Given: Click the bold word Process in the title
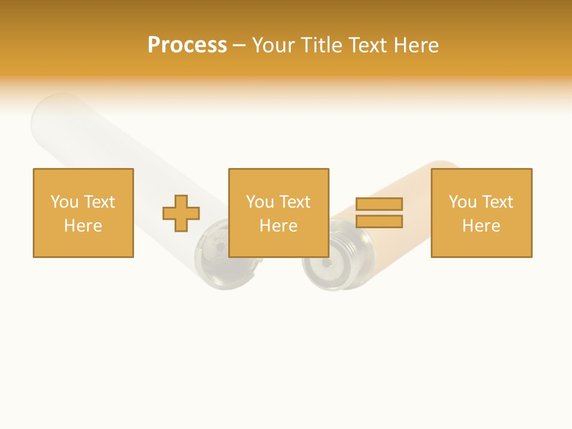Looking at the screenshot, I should click(x=187, y=45).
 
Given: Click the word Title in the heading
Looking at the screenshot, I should click(x=321, y=45).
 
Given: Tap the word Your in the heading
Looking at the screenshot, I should click(x=273, y=45).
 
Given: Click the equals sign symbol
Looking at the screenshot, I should click(x=379, y=213).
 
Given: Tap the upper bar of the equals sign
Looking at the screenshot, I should click(x=379, y=204).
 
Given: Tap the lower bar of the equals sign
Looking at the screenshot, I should click(x=379, y=222).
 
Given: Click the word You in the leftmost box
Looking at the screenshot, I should click(x=64, y=202).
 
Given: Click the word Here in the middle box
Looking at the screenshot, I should click(x=279, y=226).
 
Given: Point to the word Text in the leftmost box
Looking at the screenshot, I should click(x=98, y=202).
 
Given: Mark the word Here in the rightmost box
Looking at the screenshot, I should click(x=481, y=226).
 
